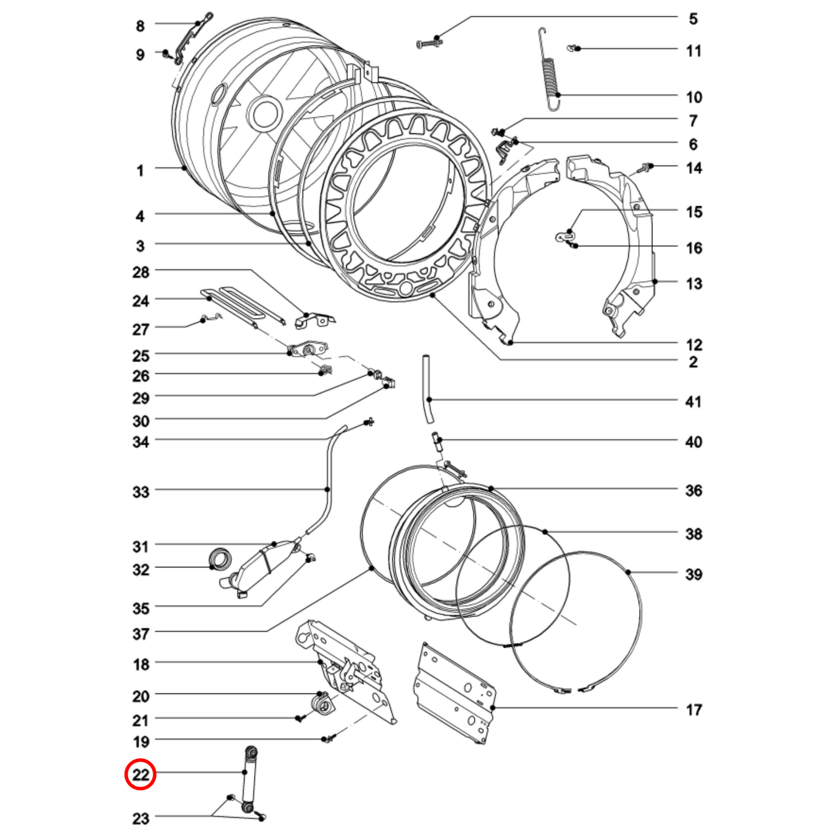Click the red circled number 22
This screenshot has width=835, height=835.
(x=140, y=774)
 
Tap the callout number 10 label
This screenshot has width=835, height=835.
(x=693, y=97)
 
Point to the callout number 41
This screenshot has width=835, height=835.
(x=693, y=402)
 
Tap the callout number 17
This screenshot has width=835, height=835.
(x=693, y=710)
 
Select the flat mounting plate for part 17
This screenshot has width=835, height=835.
(x=455, y=693)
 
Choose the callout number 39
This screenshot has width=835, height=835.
(x=693, y=574)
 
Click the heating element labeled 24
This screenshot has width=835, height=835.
(x=243, y=303)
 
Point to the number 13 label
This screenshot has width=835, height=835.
(x=693, y=284)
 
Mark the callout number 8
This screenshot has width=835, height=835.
(x=140, y=26)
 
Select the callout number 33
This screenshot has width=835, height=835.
(x=141, y=492)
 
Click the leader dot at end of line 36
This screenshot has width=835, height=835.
(x=491, y=489)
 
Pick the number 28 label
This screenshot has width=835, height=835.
(x=140, y=272)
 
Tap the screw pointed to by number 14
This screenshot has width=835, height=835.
(x=643, y=169)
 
